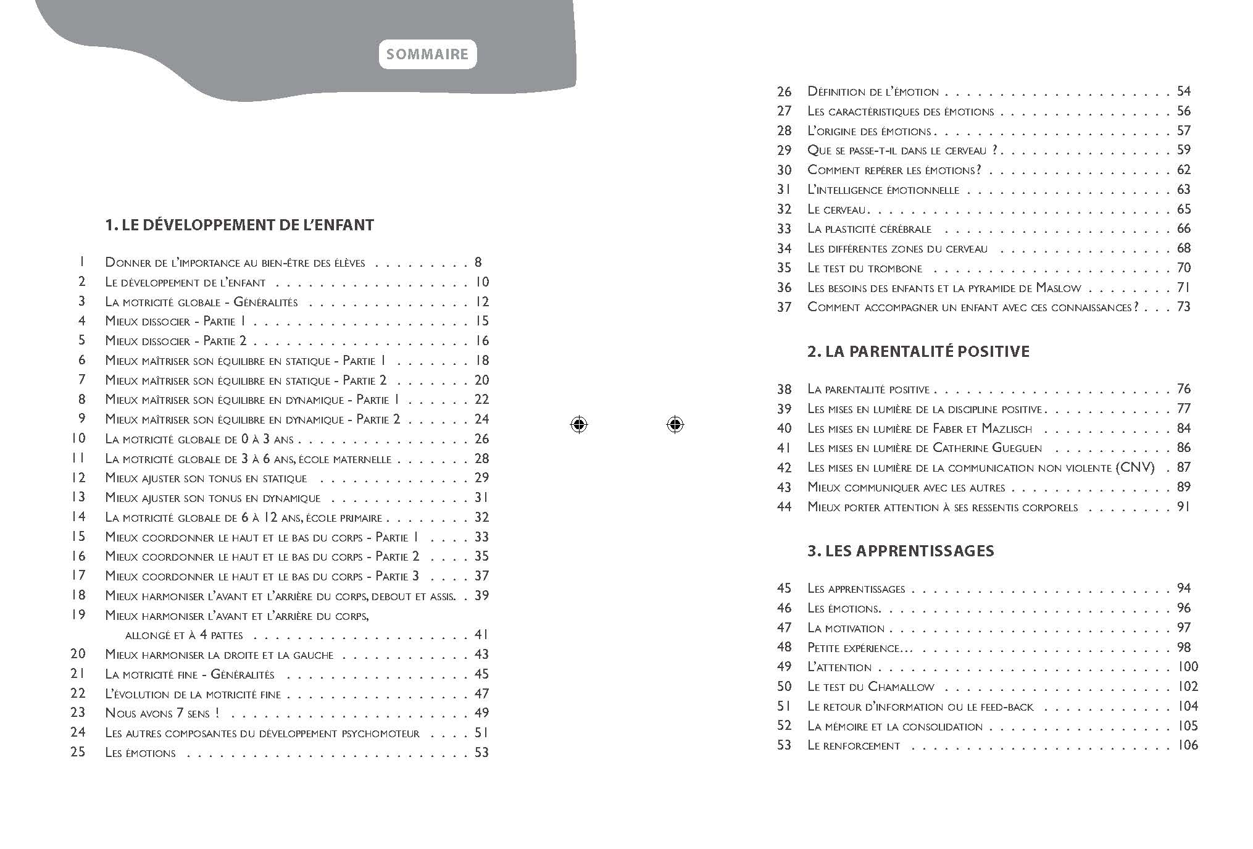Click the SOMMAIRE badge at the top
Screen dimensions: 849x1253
[x=428, y=54]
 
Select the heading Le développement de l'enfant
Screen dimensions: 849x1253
[x=239, y=225]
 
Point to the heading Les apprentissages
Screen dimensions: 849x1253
[x=901, y=551]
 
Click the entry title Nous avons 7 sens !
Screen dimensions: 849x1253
[x=162, y=713]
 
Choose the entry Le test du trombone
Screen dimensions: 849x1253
[x=865, y=269]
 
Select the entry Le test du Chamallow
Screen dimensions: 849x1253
[x=871, y=687]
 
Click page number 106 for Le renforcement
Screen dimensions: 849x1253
[x=1188, y=745]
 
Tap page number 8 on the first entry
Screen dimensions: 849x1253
[x=478, y=262]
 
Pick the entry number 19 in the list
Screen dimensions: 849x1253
[x=78, y=615]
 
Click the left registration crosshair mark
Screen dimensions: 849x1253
[x=579, y=425]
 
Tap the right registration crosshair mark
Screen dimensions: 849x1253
[x=675, y=425]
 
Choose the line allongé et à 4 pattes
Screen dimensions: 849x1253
[x=184, y=635]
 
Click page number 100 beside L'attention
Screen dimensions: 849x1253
[x=1188, y=667]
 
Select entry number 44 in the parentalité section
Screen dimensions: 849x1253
[x=784, y=507]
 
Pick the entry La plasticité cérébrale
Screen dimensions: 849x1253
[x=869, y=229]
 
